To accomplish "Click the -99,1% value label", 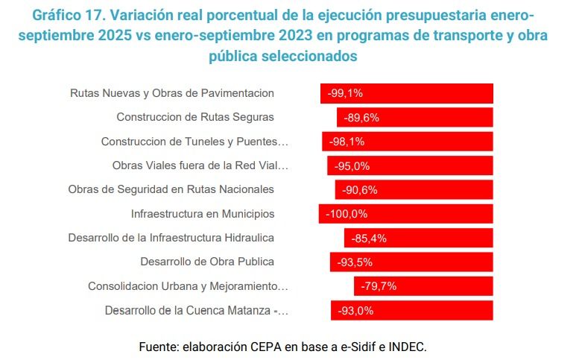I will pos(345,93).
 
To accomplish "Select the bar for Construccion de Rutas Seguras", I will pos(415,117).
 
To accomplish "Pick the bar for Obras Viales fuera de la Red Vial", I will pos(410,165).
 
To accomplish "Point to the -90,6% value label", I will pos(360,189).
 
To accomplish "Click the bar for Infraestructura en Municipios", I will pos(406,214).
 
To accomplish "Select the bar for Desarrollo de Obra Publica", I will pos(411,262).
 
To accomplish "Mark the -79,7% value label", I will pos(378,286).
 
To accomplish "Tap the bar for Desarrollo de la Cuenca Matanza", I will pos(412,311).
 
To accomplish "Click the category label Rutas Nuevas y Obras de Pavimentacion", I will pos(172,93).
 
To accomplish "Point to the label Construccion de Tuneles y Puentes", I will pos(195,142).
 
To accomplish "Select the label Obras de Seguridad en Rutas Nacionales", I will pos(171,189).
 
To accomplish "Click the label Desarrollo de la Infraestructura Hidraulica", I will pos(171,238).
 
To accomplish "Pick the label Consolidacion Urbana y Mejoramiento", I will pos(188,286).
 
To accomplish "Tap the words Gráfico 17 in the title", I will pos(75,16).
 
